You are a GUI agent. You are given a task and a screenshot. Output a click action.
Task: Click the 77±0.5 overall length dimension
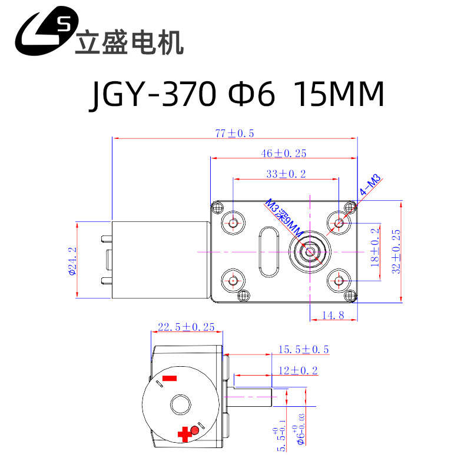point(234,134)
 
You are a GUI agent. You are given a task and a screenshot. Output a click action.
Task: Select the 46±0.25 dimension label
point(284,154)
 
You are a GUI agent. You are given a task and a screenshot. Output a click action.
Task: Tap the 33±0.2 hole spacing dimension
point(286,174)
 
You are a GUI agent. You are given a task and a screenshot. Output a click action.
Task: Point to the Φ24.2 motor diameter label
point(72,259)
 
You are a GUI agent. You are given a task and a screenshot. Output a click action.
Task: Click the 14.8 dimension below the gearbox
point(333,316)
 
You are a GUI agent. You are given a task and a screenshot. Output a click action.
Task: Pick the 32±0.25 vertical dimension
point(396,251)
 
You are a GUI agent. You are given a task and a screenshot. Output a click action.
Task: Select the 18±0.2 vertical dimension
point(376,248)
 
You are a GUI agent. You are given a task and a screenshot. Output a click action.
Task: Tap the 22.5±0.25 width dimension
point(186,327)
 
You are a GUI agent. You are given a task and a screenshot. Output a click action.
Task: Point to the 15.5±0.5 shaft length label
point(303,350)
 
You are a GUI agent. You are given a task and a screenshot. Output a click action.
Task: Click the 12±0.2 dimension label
point(297,370)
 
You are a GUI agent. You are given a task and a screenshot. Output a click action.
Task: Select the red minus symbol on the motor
point(170,377)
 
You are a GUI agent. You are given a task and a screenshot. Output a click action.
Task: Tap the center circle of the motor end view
point(181,405)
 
